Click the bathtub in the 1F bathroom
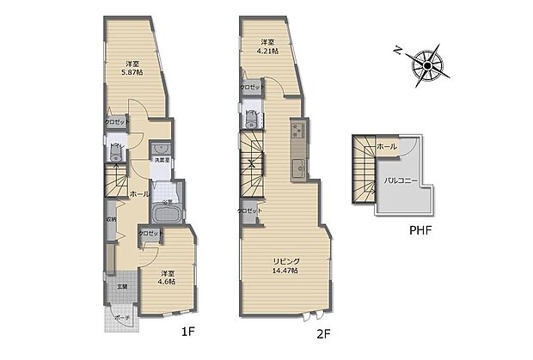[x=164, y=215]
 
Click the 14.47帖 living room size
[x=286, y=272]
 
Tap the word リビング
[x=286, y=261]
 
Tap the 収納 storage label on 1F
[x=112, y=218]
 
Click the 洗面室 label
[x=160, y=161]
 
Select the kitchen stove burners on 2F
[x=298, y=131]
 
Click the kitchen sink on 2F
[x=297, y=166]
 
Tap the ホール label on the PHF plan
[x=387, y=147]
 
